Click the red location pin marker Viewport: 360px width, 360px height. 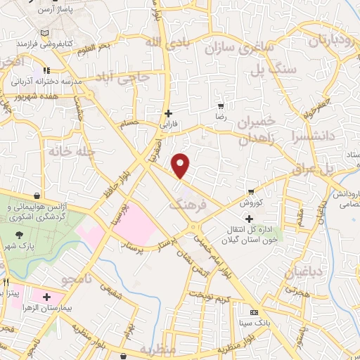point(181,165)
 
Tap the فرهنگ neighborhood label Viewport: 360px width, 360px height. point(188,205)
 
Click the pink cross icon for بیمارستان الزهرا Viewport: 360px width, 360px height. point(47,297)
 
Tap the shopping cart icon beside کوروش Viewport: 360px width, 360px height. point(251,191)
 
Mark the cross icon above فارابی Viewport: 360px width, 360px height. point(167,113)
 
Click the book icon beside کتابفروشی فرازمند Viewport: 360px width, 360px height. point(46,33)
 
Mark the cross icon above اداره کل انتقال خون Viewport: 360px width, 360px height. point(249,219)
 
